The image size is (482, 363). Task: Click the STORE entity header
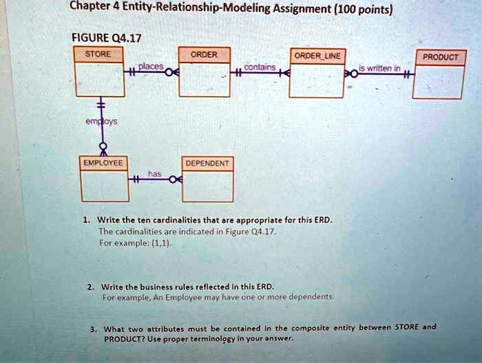click(x=98, y=54)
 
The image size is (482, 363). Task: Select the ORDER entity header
click(x=205, y=55)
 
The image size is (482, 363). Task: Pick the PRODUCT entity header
click(x=441, y=57)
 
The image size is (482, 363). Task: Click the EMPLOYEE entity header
click(x=103, y=163)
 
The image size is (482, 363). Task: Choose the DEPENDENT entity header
click(x=207, y=163)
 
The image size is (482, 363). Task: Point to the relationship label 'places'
click(x=151, y=66)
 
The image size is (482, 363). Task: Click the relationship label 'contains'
click(x=260, y=67)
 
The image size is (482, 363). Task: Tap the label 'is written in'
click(x=379, y=68)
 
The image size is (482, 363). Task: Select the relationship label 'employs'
click(x=101, y=122)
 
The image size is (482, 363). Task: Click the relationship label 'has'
click(x=155, y=174)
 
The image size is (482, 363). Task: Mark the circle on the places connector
click(x=169, y=73)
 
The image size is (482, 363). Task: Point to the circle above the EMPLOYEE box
click(x=104, y=146)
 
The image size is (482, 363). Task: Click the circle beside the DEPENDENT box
click(x=174, y=179)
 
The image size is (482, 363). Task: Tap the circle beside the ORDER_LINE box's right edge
click(x=354, y=74)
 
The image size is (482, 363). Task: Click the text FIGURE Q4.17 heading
click(x=106, y=38)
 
